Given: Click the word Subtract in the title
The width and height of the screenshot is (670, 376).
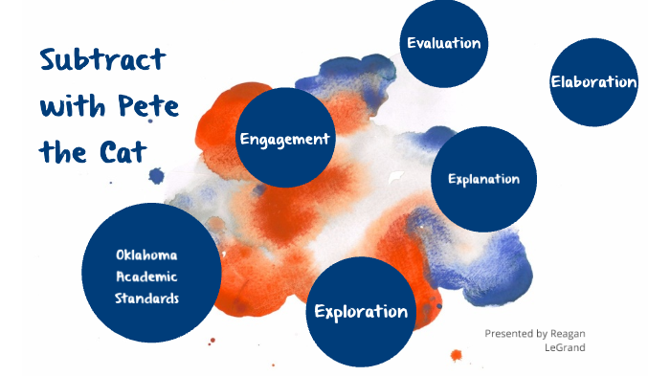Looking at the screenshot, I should pos(102,60).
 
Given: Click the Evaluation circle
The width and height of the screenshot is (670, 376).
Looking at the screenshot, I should pos(443,43).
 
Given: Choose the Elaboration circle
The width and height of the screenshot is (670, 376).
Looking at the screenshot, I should pos(593,82).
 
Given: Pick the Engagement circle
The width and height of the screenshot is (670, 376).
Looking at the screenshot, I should pos(284,139).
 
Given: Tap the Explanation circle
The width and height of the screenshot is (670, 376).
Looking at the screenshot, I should pos(483,179).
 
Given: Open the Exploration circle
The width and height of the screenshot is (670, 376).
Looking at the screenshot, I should pos(361,312).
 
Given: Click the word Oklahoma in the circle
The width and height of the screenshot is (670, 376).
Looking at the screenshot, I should pos(152,255).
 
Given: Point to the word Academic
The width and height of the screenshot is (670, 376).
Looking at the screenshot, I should pos(152,276).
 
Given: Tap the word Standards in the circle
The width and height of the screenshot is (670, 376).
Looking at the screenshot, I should pos(152,298).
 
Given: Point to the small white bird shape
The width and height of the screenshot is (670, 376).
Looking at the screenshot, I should pos(395,175).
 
